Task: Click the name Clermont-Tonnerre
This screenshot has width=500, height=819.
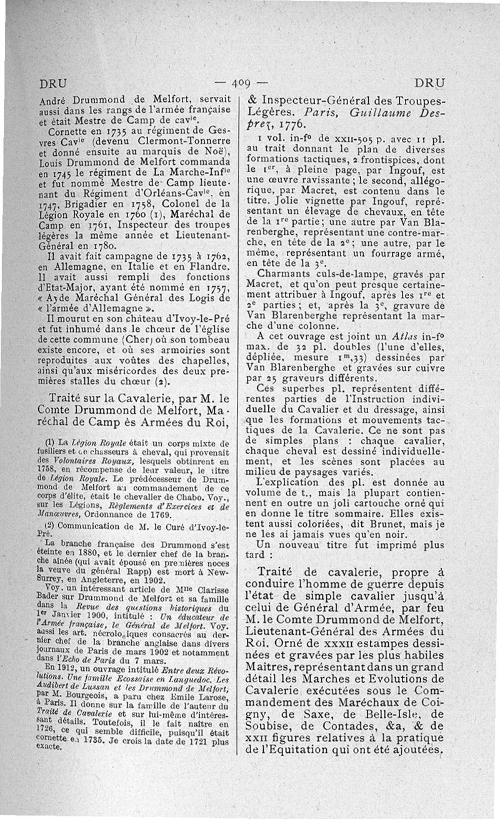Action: coord(173,141)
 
